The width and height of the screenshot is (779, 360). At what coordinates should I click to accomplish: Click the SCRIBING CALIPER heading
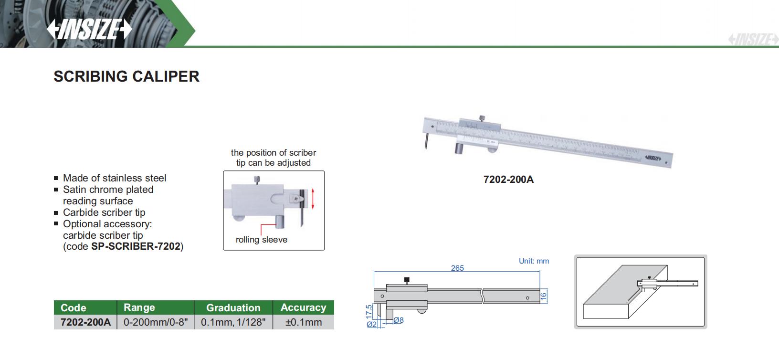[x=126, y=76]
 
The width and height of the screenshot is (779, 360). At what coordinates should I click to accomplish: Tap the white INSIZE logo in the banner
[x=89, y=29]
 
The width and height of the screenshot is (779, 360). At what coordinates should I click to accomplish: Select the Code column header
[x=74, y=307]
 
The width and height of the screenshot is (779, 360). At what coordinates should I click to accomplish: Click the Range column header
[x=139, y=307]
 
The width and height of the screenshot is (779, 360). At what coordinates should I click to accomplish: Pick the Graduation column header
[x=233, y=307]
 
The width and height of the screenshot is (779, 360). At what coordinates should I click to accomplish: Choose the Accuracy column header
[x=303, y=307]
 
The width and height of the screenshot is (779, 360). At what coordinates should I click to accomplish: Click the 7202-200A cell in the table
[x=85, y=322]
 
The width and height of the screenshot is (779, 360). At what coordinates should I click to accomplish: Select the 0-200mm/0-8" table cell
[x=156, y=322]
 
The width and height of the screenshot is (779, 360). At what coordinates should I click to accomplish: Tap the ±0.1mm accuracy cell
[x=303, y=322]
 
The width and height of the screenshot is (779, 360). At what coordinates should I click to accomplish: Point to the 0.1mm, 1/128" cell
[x=233, y=322]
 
